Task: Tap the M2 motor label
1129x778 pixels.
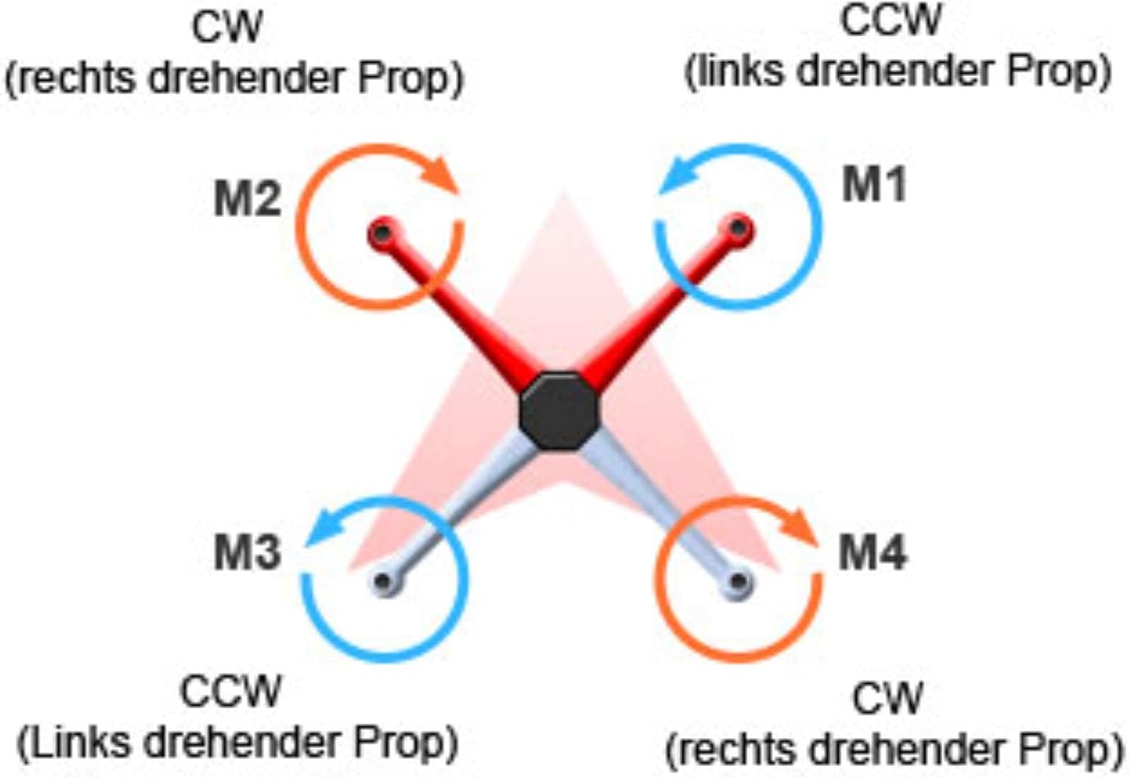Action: (247, 200)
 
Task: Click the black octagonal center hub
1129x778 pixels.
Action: (560, 410)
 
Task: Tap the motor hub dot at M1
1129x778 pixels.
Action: (739, 227)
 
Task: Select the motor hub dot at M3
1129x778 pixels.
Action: (385, 581)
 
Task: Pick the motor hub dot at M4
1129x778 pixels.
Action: (739, 581)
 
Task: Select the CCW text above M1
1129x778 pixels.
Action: (890, 20)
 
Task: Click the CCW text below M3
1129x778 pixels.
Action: (230, 691)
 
